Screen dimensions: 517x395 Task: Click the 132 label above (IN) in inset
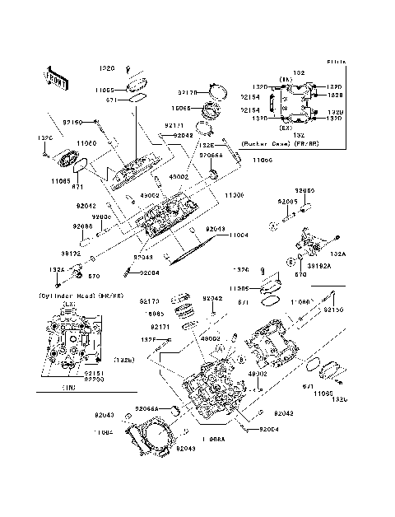click(x=298, y=73)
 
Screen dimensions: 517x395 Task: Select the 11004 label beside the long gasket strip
click(x=238, y=235)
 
